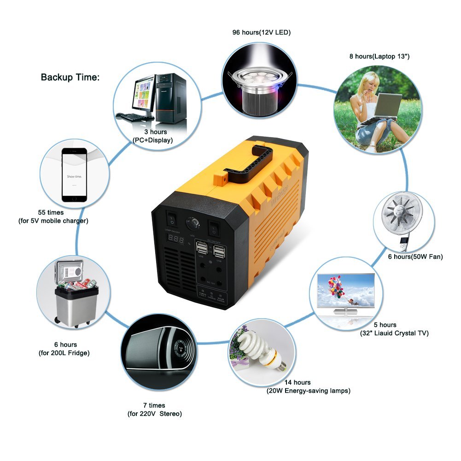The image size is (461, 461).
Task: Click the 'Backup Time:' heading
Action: (70, 77)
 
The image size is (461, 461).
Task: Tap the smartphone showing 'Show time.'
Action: (74, 174)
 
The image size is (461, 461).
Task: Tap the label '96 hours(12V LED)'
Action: (261, 33)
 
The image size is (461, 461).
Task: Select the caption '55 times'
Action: (51, 213)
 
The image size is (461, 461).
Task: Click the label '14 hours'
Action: (298, 382)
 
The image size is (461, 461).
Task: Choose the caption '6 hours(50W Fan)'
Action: (415, 257)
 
